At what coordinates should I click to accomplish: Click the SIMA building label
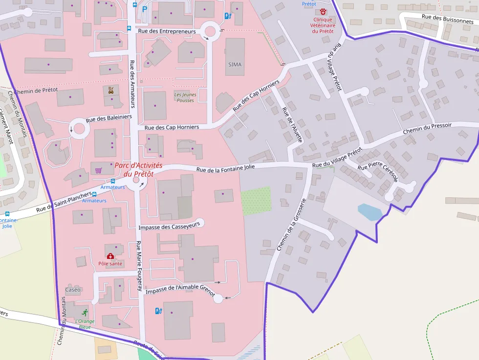coord(235,64)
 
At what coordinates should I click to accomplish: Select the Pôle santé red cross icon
coord(110,256)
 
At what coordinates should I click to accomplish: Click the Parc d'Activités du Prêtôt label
coord(138,170)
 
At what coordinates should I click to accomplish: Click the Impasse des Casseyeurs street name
coord(169,227)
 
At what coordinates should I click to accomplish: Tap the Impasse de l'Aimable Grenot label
coord(180,289)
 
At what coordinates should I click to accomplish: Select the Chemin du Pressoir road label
coord(427,129)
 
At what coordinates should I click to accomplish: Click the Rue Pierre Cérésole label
coord(378,172)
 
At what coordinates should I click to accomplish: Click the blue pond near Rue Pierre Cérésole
coord(370,212)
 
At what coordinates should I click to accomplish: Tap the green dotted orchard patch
coord(256,199)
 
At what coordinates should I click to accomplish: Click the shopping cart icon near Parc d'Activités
coord(98,170)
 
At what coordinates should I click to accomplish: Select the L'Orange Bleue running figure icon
coord(85,313)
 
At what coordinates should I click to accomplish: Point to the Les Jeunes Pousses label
coord(184,97)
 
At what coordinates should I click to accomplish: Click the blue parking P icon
coord(144,9)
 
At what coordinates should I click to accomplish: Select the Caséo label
coord(73,290)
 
